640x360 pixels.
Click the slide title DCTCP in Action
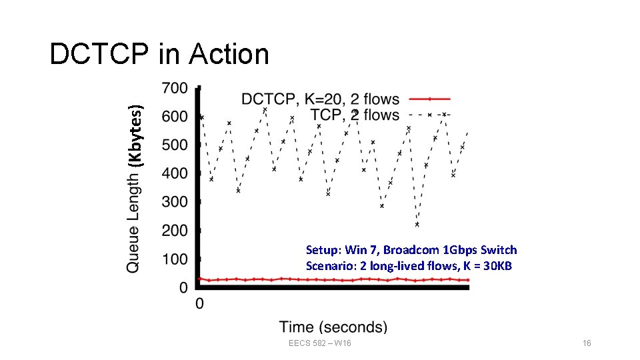[159, 55]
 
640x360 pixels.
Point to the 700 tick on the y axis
[175, 88]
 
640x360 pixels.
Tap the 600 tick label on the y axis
[175, 116]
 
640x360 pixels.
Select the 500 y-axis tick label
[175, 145]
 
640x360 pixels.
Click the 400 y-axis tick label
[175, 173]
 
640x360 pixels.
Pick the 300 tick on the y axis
[175, 202]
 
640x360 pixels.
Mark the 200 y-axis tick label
[175, 231]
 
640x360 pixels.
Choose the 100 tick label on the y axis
[175, 259]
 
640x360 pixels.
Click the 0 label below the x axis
[199, 304]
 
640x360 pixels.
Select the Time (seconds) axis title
[333, 327]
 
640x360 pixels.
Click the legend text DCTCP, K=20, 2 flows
[320, 99]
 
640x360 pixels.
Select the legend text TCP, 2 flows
[355, 115]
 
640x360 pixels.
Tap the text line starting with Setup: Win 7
[411, 250]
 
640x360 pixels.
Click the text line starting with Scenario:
[408, 265]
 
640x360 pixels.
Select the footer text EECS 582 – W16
[320, 343]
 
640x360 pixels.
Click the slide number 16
[587, 343]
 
